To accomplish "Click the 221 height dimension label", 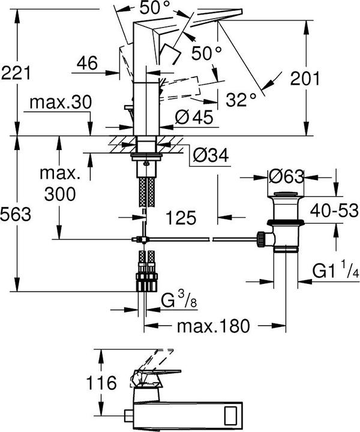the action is [x=16, y=73].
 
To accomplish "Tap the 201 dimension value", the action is [x=305, y=79].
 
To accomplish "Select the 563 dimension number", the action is [x=16, y=214].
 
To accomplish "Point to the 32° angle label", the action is [x=241, y=100].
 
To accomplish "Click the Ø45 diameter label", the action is [x=194, y=117].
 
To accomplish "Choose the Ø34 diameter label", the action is [x=211, y=155].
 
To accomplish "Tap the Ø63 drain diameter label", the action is [x=286, y=176].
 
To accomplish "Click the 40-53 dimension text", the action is [x=334, y=210].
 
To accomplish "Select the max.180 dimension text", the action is [x=213, y=326].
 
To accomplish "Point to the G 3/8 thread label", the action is [x=179, y=300].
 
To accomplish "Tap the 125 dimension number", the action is [x=181, y=218].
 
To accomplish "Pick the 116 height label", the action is [x=101, y=383].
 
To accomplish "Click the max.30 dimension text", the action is [x=61, y=102].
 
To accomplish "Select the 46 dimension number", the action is [x=87, y=63].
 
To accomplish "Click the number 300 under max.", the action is [x=60, y=194].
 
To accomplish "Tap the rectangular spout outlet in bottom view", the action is [x=232, y=416].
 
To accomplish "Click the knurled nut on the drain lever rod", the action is [x=261, y=239].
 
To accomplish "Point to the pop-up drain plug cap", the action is [x=286, y=194].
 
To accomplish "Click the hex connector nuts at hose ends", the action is [x=147, y=282].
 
